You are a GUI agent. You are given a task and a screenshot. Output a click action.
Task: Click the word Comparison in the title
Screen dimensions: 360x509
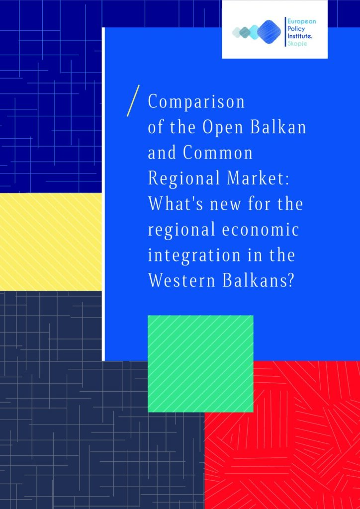coord(196,102)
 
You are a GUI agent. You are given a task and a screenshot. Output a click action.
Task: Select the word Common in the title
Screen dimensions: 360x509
coord(217,153)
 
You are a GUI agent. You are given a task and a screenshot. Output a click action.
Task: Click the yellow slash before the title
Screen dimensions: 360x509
coord(133,100)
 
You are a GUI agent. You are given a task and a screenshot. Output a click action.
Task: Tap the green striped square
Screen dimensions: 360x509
coord(200,363)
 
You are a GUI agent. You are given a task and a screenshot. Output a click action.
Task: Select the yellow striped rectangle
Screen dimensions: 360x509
coord(51,242)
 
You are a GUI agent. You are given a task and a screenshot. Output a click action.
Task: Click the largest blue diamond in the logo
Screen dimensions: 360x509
coord(269,31)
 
